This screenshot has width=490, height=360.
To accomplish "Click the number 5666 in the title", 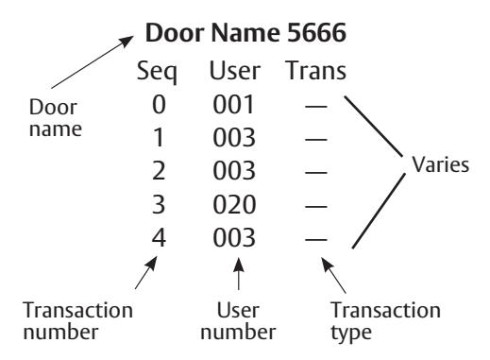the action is coord(316,33).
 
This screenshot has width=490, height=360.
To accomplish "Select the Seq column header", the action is coord(157,72).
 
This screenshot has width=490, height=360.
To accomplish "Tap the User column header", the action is coord(235,71).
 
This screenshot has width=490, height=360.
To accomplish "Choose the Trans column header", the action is coord(316,71).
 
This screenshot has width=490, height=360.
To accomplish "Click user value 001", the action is coord(233,105).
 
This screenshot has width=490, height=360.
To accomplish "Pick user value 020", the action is coord(234,205).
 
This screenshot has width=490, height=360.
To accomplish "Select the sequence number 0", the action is coord(159,105).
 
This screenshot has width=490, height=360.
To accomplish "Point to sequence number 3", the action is coord(159,205).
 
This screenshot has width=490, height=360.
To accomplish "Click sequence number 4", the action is coord(159,238).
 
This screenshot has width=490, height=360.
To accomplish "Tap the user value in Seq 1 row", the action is coord(234,138).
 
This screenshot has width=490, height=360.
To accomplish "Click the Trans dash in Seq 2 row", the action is coord(316,173).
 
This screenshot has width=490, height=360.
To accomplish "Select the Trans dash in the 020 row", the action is coord(316,206).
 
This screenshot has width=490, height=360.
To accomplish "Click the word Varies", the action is coord(441,164).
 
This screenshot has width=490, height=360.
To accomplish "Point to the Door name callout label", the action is coord(56,118).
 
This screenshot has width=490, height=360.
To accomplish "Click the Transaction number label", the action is coord(78,321).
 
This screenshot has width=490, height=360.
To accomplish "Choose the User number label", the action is coord(238,321).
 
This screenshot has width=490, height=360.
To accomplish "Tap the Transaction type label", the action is coord(385,321).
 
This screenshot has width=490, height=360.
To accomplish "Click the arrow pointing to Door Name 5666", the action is coord(93,62).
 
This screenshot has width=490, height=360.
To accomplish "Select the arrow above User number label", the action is coord(239,274).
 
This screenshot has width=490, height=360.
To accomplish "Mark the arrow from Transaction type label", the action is coord(333,275).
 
